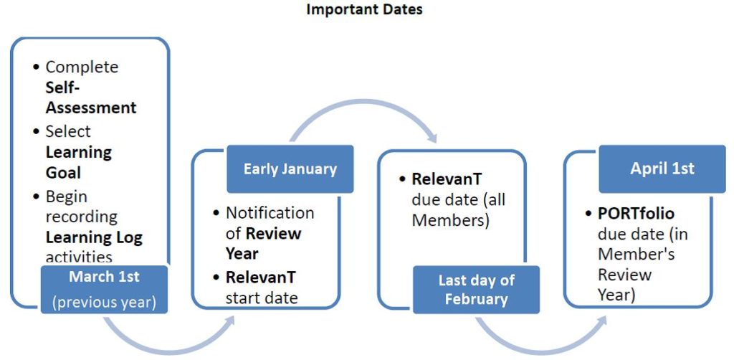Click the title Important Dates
click(x=364, y=9)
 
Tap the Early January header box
click(x=290, y=169)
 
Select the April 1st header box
click(x=662, y=169)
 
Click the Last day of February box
click(x=476, y=290)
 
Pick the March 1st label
click(x=104, y=276)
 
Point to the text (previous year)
click(x=104, y=302)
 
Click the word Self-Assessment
click(x=91, y=98)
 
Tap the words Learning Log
click(x=94, y=238)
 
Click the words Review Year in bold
click(x=263, y=243)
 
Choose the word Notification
click(x=270, y=213)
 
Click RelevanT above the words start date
click(x=261, y=277)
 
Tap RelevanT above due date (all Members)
click(x=447, y=179)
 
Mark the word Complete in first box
click(x=82, y=67)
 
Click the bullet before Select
click(x=37, y=131)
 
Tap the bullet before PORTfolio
click(x=589, y=214)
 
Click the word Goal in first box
click(x=63, y=173)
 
